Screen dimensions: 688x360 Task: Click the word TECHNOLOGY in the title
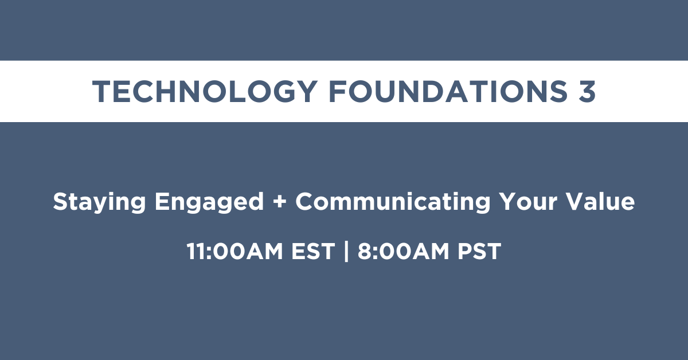(205, 91)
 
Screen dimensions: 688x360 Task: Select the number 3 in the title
(587, 91)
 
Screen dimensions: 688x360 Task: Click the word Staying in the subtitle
(99, 202)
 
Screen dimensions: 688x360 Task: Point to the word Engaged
(209, 202)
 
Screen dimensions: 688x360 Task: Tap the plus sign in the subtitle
(280, 202)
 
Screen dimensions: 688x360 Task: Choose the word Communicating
(393, 202)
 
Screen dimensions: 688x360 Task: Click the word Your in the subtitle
(528, 201)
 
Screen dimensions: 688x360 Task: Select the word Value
(600, 201)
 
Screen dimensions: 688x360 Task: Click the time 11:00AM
(234, 251)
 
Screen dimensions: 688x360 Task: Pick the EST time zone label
(313, 251)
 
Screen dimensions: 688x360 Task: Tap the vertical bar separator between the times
(346, 251)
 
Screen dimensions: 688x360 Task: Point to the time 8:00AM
(404, 251)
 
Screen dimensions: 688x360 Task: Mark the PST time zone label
(479, 251)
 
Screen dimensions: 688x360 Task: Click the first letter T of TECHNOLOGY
(101, 91)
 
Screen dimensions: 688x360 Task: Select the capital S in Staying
(61, 201)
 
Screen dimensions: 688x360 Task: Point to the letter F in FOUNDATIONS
(338, 91)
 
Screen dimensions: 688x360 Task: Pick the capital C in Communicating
(305, 201)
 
